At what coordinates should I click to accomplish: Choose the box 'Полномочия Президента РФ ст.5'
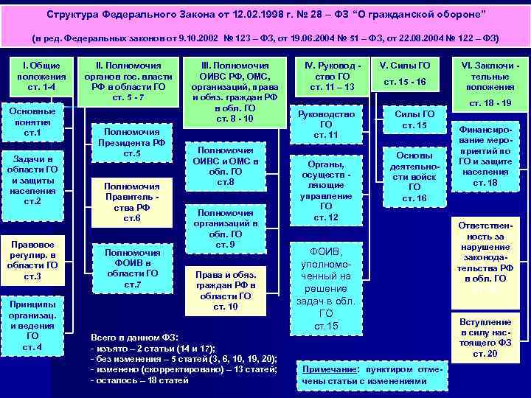[128, 140]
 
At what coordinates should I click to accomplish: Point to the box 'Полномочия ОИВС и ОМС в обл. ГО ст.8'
[226, 167]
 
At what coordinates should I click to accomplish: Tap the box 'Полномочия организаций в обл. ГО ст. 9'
[226, 228]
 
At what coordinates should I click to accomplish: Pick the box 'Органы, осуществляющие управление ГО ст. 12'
[326, 191]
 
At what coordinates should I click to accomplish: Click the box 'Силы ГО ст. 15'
[411, 119]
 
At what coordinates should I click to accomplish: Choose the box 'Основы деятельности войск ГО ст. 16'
[411, 177]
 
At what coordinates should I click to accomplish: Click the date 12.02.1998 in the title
[231, 15]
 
